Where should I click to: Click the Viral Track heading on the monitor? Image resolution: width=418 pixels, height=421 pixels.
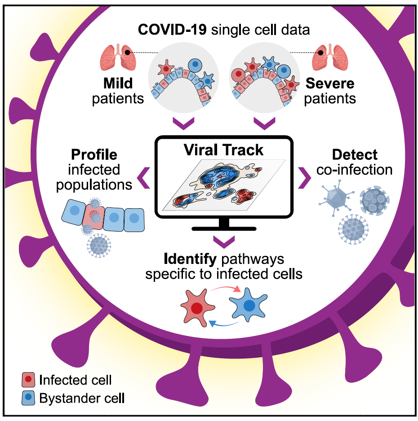click(x=223, y=149)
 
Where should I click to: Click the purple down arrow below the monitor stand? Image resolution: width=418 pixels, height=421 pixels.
click(x=223, y=242)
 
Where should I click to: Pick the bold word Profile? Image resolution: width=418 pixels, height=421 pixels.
click(x=94, y=155)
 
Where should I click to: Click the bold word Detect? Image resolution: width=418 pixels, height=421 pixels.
click(x=355, y=155)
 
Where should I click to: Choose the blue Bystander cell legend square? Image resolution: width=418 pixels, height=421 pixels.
click(x=28, y=397)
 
